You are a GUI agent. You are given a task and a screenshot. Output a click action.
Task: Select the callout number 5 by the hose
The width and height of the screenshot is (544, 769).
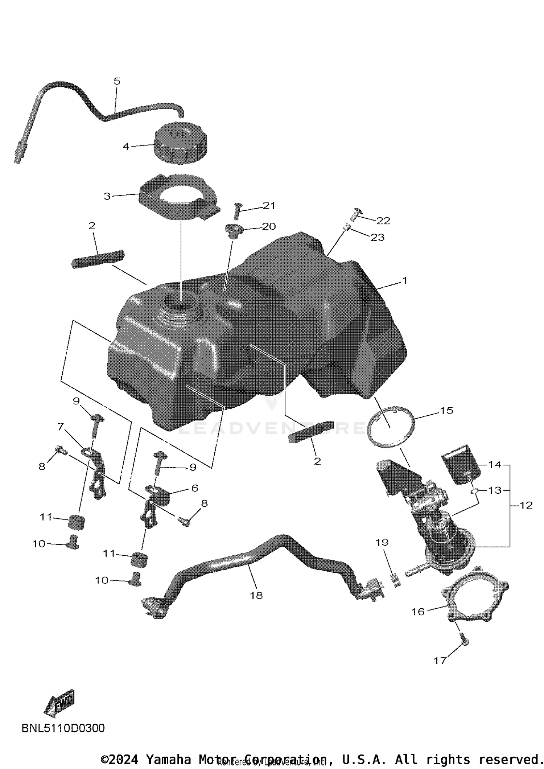point(116,81)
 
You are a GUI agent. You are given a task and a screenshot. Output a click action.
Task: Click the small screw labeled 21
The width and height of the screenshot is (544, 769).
point(237,210)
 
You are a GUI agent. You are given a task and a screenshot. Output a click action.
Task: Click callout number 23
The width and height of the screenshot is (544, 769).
point(377,237)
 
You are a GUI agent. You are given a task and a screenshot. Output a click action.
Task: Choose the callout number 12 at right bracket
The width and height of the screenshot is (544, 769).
point(526,505)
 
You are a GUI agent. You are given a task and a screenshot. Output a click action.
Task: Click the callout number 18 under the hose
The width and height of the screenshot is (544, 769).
point(256,595)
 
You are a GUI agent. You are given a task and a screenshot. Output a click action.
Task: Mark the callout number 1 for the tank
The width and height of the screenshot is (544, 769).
point(405,280)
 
